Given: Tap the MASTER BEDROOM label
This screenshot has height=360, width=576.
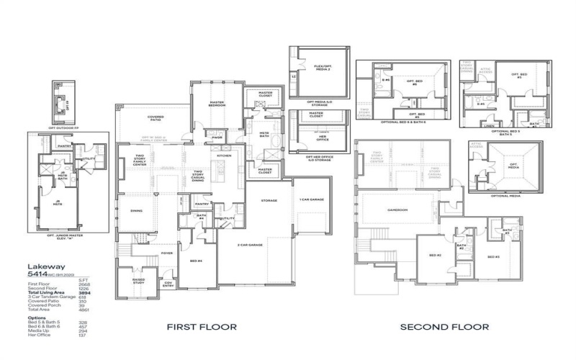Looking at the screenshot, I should point(217,104).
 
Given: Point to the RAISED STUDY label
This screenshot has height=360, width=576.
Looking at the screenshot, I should point(138,280).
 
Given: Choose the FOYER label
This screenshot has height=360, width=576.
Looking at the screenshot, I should point(166,253).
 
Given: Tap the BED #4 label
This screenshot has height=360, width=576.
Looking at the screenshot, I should point(195,260).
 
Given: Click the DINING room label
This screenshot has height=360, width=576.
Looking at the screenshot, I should point(135,211).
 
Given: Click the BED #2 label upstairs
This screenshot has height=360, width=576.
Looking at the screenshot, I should point(435,255).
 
